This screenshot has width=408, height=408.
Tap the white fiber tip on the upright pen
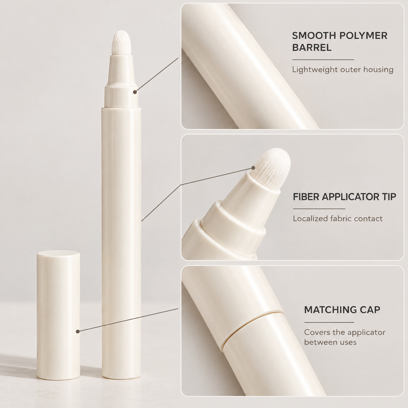[121, 44]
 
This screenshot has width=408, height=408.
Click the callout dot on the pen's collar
[135, 92]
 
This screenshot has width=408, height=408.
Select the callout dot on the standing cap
[78, 331]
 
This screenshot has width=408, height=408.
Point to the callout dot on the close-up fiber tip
[253, 168]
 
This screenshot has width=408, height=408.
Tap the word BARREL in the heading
[312, 48]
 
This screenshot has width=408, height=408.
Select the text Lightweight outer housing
[343, 69]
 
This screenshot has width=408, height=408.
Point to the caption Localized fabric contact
[338, 219]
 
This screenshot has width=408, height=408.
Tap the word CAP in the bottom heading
[369, 310]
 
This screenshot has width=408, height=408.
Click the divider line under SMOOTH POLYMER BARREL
[323, 60]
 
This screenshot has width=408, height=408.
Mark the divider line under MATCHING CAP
[329, 322]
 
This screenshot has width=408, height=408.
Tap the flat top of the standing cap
[58, 254]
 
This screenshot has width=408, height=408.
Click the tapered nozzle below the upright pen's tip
[121, 70]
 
